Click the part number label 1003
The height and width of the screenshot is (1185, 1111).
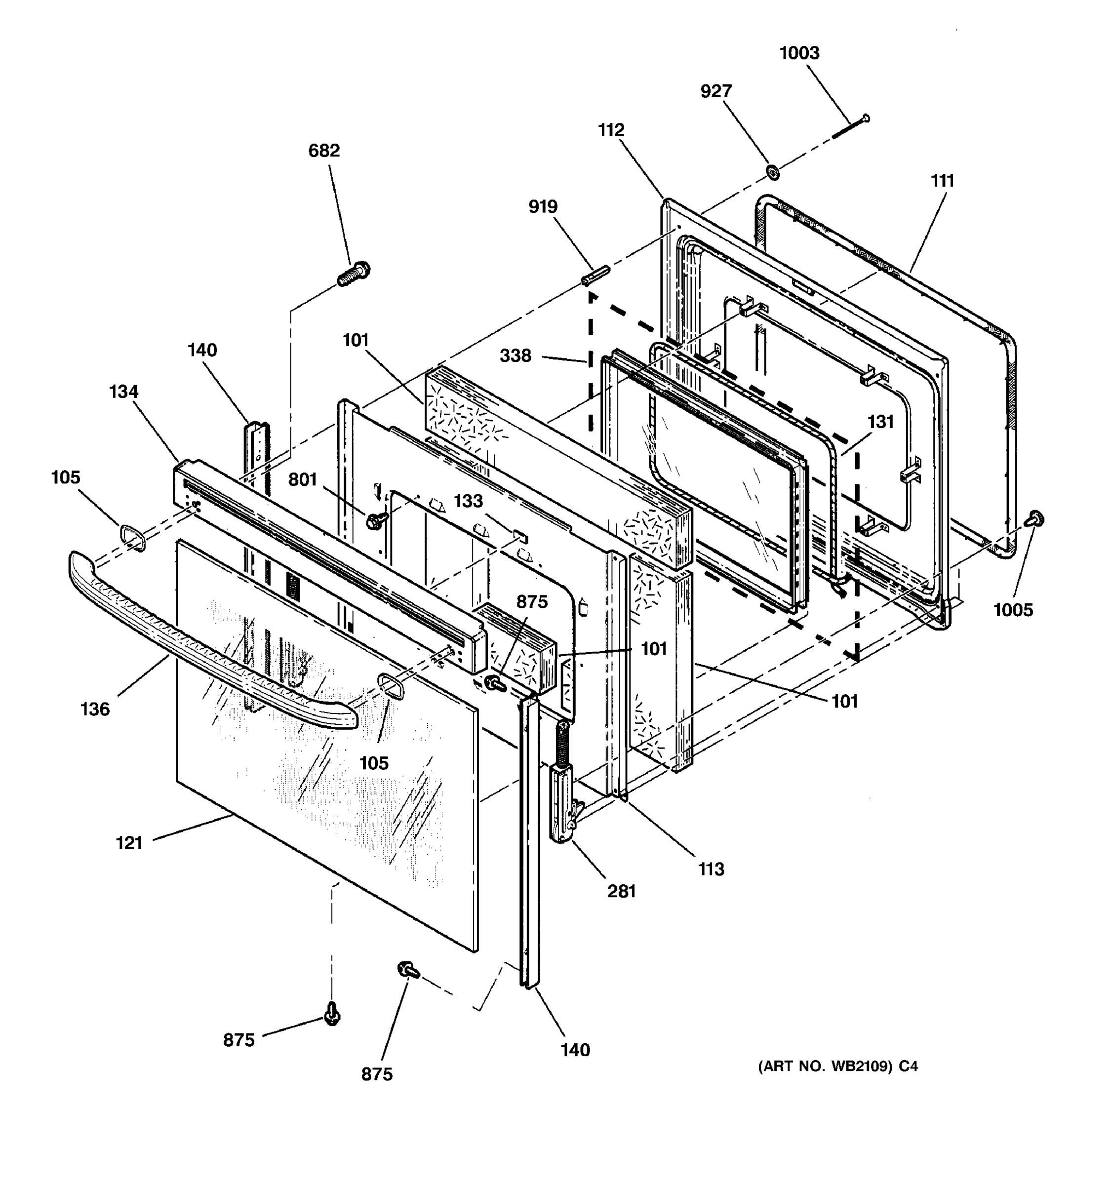tap(799, 53)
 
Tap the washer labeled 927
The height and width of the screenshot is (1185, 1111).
tap(774, 173)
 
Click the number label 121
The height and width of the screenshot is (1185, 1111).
tap(129, 843)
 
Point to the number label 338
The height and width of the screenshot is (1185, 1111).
tap(515, 356)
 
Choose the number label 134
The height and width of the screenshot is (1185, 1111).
tap(123, 392)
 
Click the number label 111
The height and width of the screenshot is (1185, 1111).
tap(942, 181)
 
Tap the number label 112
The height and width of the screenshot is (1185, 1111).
tap(611, 129)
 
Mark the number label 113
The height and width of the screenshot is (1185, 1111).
tap(711, 869)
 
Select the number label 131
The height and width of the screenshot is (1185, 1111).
tap(880, 422)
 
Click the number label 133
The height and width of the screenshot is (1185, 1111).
tap(468, 501)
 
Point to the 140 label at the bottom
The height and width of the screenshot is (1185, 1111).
tap(575, 1050)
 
